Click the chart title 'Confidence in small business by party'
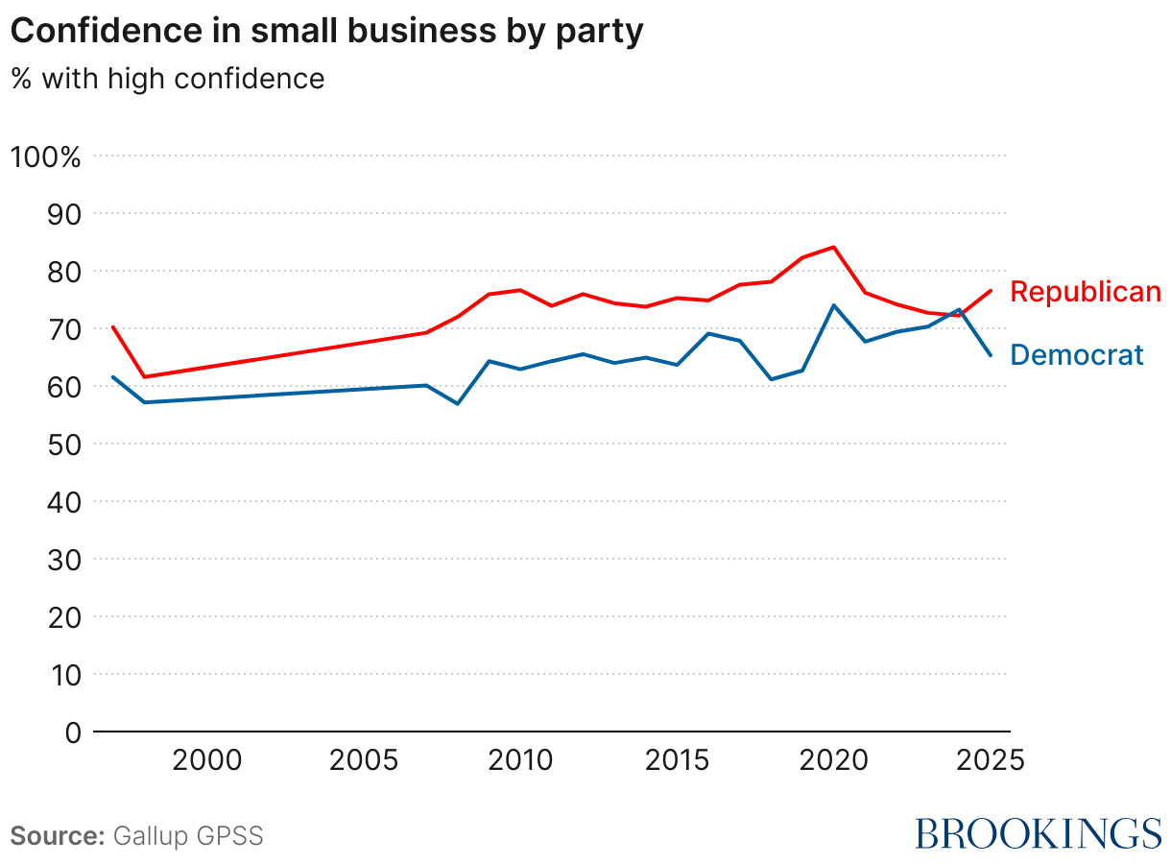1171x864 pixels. coord(326,32)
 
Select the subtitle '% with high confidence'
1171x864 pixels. coord(168,78)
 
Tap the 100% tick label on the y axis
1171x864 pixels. coord(45,156)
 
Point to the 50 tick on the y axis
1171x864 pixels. coord(59,444)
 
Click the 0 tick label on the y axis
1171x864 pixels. coord(71,732)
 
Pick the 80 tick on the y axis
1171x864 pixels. coord(59,271)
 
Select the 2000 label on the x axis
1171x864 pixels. coord(205,761)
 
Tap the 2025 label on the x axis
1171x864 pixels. coord(990,761)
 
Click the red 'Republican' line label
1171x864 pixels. coord(1086,292)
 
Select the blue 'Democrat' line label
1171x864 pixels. coord(1077,355)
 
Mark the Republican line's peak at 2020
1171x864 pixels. coord(833,247)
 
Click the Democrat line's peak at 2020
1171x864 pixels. coord(833,305)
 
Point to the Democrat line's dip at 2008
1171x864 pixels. coord(458,403)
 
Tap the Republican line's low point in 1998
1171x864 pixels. coord(145,376)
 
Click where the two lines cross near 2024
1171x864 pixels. coord(953,313)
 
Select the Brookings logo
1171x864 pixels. coord(1038,833)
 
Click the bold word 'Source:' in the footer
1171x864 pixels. coord(58,835)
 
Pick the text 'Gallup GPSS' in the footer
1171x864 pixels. coord(188,835)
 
